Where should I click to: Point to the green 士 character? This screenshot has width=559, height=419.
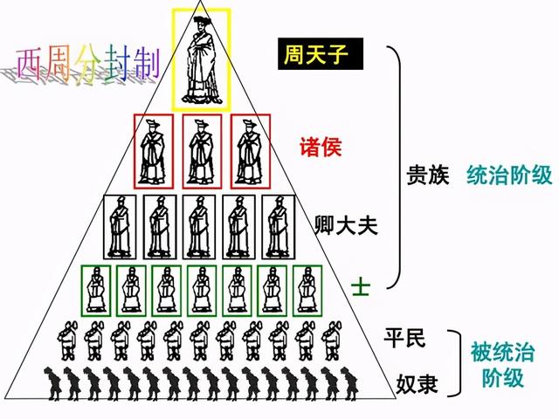tap(357, 285)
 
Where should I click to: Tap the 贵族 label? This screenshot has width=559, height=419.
tap(428, 175)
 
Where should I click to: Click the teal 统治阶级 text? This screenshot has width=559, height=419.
tap(510, 175)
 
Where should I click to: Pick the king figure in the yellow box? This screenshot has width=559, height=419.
tap(202, 58)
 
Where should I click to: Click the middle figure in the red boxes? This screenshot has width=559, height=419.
tap(202, 150)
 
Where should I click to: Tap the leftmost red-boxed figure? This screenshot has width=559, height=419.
tap(154, 150)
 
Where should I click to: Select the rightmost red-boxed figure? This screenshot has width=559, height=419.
tap(249, 150)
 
